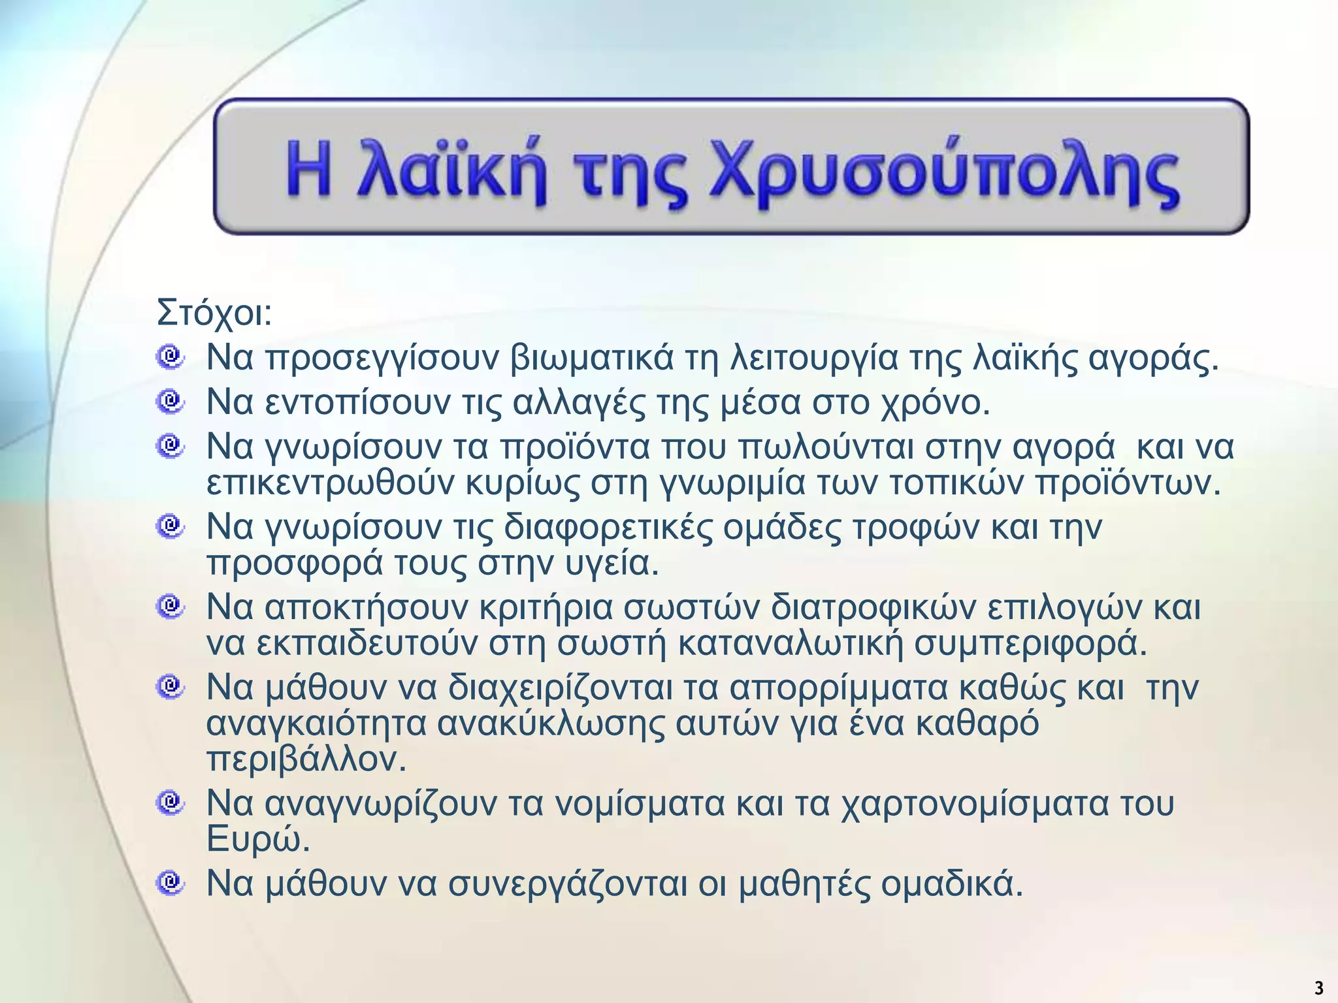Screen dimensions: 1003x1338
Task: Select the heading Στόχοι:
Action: (214, 313)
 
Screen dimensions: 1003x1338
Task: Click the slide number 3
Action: (1318, 987)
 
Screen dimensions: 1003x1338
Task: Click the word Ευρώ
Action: (257, 841)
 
